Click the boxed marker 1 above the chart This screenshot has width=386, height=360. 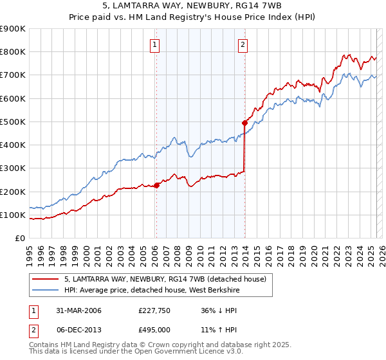tap(156, 45)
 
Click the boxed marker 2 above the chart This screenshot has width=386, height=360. tap(243, 45)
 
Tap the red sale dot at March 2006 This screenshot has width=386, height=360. tap(156, 185)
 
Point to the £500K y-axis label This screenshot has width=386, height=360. tap(13, 122)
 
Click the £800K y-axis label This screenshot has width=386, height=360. tap(13, 52)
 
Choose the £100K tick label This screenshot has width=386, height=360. tap(13, 215)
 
